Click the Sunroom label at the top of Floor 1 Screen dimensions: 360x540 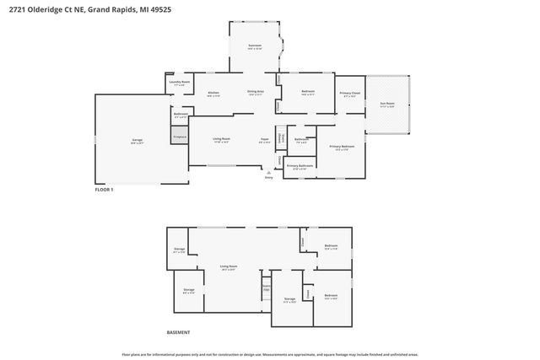click(x=255, y=46)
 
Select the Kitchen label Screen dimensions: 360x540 click(x=213, y=94)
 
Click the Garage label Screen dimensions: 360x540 click(x=137, y=142)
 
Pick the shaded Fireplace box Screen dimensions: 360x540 click(x=179, y=136)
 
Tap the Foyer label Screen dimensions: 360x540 click(x=265, y=139)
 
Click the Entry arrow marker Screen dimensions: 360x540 click(x=269, y=172)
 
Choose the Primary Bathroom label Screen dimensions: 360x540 click(x=300, y=167)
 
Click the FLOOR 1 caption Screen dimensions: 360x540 click(x=104, y=190)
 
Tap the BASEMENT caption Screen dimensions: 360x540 click(x=178, y=333)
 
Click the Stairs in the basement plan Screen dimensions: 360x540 click(x=265, y=287)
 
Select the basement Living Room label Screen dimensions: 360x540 click(x=228, y=267)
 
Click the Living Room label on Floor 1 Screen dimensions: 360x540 click(x=222, y=139)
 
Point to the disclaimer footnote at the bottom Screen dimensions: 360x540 click(x=270, y=354)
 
